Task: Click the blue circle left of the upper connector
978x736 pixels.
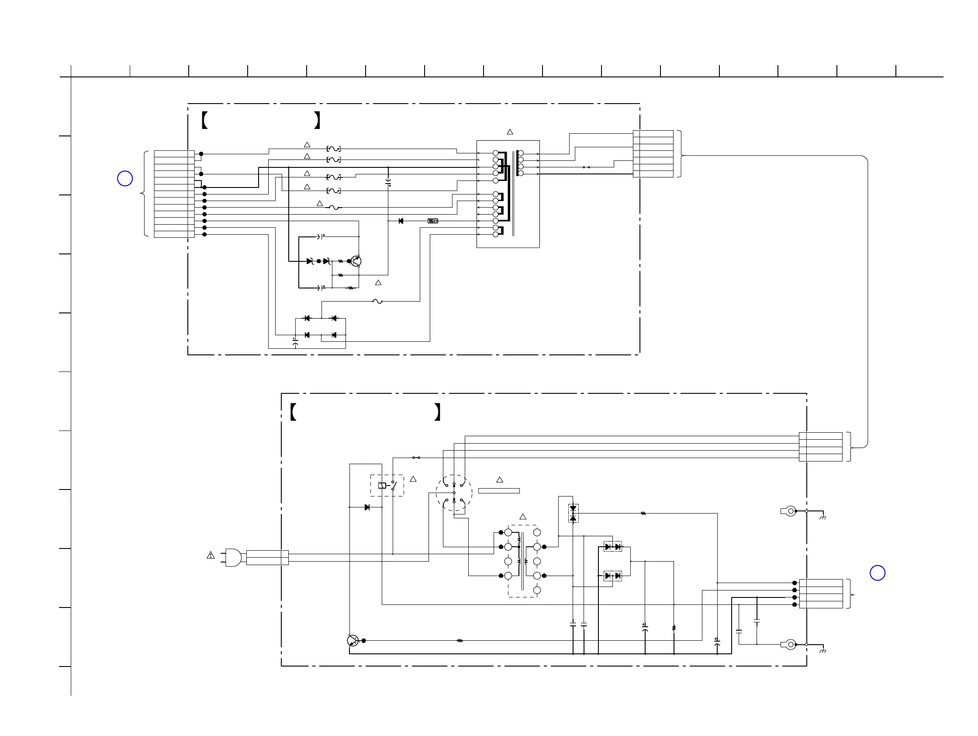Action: click(x=124, y=179)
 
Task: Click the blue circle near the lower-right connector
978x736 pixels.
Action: click(x=877, y=573)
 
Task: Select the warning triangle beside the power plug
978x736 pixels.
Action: click(x=211, y=555)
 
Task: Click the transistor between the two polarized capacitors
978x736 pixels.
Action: click(x=356, y=261)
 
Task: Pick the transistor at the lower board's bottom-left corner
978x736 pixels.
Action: click(x=353, y=640)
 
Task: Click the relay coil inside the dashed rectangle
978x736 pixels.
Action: click(x=382, y=485)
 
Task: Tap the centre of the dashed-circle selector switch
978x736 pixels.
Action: click(x=454, y=493)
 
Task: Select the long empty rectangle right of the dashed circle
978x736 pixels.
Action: click(x=499, y=490)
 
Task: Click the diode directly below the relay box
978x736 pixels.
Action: click(x=367, y=507)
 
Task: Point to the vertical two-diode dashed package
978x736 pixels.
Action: click(x=573, y=513)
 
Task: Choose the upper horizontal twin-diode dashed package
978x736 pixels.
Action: click(x=613, y=547)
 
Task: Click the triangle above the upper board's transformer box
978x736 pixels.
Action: click(x=510, y=132)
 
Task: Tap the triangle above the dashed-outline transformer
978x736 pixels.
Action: click(x=522, y=517)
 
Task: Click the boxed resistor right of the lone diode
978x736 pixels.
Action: click(x=433, y=221)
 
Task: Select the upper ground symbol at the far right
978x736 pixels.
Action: click(x=822, y=517)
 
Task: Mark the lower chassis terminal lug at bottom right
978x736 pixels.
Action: click(x=789, y=645)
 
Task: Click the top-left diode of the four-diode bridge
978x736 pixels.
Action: click(x=307, y=318)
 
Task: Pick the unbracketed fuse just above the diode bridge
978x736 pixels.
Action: click(x=377, y=302)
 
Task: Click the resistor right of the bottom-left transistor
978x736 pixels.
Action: click(x=460, y=640)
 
